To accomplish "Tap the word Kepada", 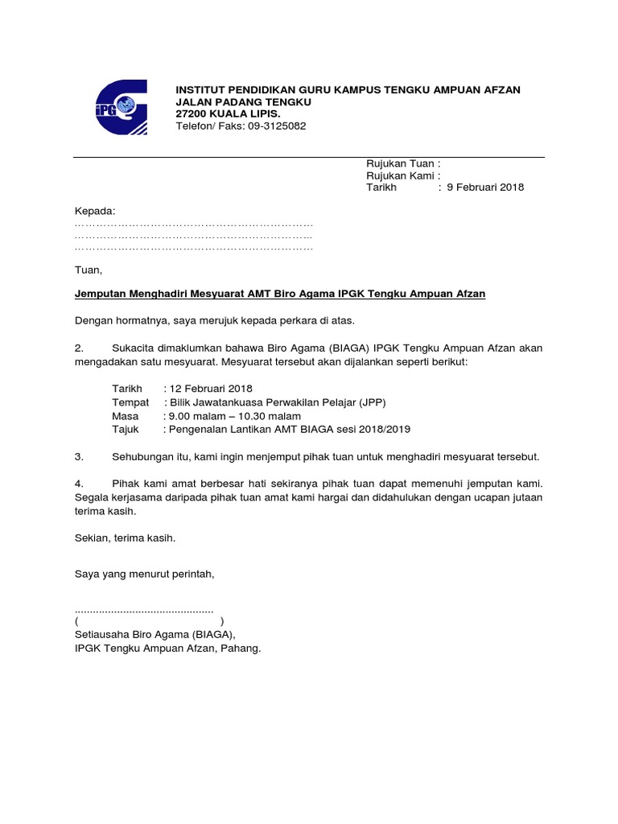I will pyautogui.click(x=94, y=211).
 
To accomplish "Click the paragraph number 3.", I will pyautogui.click(x=79, y=457).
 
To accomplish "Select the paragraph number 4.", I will pyautogui.click(x=79, y=484).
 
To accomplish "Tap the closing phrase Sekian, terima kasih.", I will pyautogui.click(x=125, y=538).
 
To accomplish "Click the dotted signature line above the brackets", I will pyautogui.click(x=144, y=608).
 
